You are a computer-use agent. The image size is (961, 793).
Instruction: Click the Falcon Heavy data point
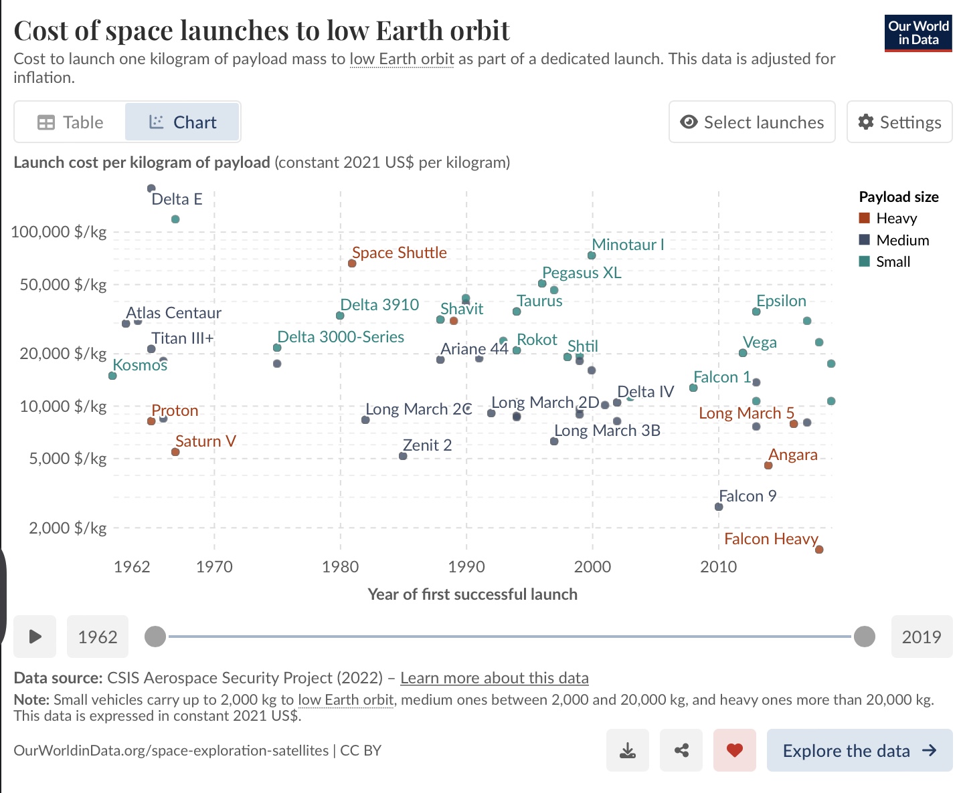[x=819, y=550]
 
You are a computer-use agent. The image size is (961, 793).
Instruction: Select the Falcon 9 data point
[x=719, y=507]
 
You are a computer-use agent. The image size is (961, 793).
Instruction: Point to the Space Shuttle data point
[x=352, y=263]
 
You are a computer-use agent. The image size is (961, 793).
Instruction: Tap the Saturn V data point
[x=175, y=452]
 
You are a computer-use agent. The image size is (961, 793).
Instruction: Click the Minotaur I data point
[x=592, y=255]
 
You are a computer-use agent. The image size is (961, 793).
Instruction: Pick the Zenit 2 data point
[x=403, y=456]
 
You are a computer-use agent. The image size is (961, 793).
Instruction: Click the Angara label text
[x=793, y=455]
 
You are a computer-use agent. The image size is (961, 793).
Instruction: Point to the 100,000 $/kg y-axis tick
[x=59, y=232]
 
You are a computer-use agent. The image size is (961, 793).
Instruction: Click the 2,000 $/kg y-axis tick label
[x=67, y=528]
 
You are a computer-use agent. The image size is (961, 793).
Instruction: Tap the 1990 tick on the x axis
[x=466, y=567]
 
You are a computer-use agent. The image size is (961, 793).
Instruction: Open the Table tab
[x=70, y=122]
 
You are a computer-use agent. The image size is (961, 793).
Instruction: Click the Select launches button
[x=752, y=122]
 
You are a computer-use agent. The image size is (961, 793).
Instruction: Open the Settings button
[x=899, y=122]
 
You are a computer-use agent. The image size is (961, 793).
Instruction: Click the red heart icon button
[x=734, y=750]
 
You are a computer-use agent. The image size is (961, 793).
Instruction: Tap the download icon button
[x=628, y=750]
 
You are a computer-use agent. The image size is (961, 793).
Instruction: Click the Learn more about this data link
[x=494, y=678]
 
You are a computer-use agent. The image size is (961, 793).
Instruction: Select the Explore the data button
[x=859, y=750]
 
